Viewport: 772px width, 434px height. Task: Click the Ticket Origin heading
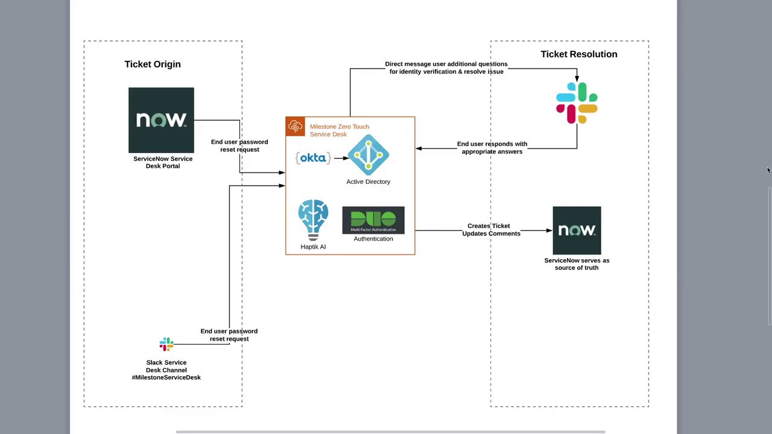(x=153, y=64)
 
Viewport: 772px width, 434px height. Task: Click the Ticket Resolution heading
(x=578, y=54)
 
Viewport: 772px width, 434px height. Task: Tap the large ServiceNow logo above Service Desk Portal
(x=161, y=120)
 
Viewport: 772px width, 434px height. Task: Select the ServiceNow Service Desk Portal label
(x=163, y=162)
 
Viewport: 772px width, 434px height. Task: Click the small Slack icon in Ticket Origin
(x=166, y=344)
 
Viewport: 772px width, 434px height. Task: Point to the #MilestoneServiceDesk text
(x=166, y=377)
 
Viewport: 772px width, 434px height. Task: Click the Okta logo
(x=313, y=158)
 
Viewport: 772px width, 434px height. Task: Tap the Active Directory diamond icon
(x=369, y=155)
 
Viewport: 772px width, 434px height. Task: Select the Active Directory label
(x=368, y=181)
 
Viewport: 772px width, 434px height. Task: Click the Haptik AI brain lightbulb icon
(x=313, y=220)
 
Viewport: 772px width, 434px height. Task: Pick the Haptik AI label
(x=313, y=247)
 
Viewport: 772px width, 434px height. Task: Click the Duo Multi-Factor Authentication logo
(x=373, y=220)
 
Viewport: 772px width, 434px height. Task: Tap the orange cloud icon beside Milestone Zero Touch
(x=295, y=127)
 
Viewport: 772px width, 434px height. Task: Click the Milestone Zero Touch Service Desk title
(x=340, y=131)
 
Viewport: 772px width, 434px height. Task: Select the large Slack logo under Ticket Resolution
(x=577, y=102)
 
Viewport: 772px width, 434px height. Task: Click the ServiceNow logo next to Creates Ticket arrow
(x=577, y=230)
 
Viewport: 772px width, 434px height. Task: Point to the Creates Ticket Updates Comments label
(x=491, y=230)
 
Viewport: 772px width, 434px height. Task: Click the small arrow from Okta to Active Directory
(x=341, y=158)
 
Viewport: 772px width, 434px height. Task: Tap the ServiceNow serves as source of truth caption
(x=577, y=264)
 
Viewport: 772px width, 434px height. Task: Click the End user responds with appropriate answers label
(x=492, y=148)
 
